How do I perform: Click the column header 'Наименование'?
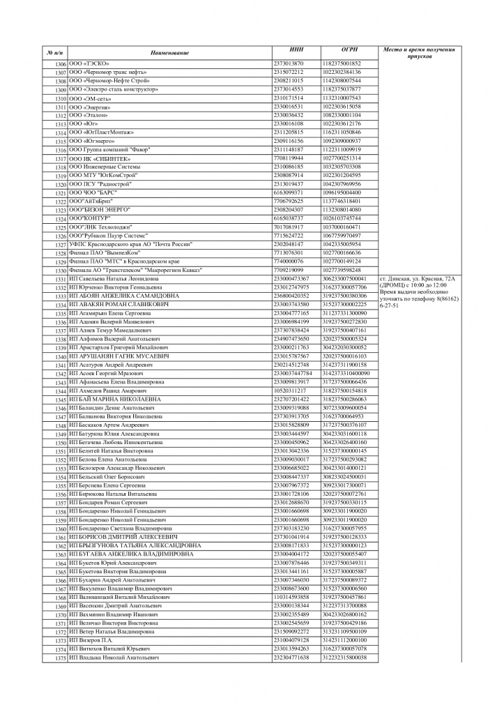click(x=169, y=53)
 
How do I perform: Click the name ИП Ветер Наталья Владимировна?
click(x=112, y=632)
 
